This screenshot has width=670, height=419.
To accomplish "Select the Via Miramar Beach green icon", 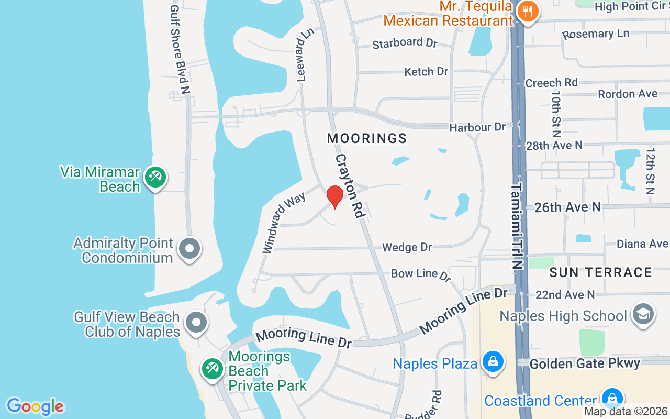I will pyautogui.click(x=155, y=178).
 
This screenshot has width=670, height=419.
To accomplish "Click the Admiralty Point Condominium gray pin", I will pyautogui.click(x=189, y=249).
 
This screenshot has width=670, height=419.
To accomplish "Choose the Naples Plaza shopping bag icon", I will pyautogui.click(x=493, y=362).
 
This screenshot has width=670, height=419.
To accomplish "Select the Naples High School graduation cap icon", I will pyautogui.click(x=643, y=314).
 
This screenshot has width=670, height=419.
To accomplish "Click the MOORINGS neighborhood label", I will pyautogui.click(x=367, y=138).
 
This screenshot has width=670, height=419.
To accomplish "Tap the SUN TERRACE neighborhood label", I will pyautogui.click(x=600, y=272).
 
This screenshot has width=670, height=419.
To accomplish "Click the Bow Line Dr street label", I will pyautogui.click(x=421, y=274).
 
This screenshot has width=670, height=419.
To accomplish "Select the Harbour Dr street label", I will pyautogui.click(x=477, y=127).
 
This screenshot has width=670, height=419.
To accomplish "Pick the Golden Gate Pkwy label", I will pyautogui.click(x=585, y=363).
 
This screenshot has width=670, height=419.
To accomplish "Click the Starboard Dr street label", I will pyautogui.click(x=405, y=43).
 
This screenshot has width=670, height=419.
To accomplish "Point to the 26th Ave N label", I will pyautogui.click(x=567, y=207).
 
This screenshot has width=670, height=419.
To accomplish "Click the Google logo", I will pyautogui.click(x=35, y=406).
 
